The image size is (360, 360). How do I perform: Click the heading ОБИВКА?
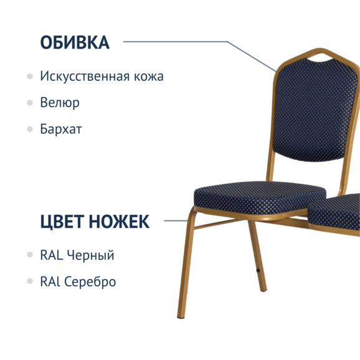click(75, 42)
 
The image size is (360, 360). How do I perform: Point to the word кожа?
click(149, 77)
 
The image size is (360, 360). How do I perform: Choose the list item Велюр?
click(60, 103)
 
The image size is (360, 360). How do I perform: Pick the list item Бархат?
click(61, 130)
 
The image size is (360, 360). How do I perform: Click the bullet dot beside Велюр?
click(30, 103)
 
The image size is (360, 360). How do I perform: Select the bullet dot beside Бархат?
click(30, 130)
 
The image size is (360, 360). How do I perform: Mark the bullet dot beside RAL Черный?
click(30, 255)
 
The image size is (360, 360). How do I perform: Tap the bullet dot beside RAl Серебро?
click(30, 282)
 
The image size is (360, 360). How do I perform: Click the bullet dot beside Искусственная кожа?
click(30, 77)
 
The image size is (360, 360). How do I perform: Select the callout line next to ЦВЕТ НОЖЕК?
click(176, 220)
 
